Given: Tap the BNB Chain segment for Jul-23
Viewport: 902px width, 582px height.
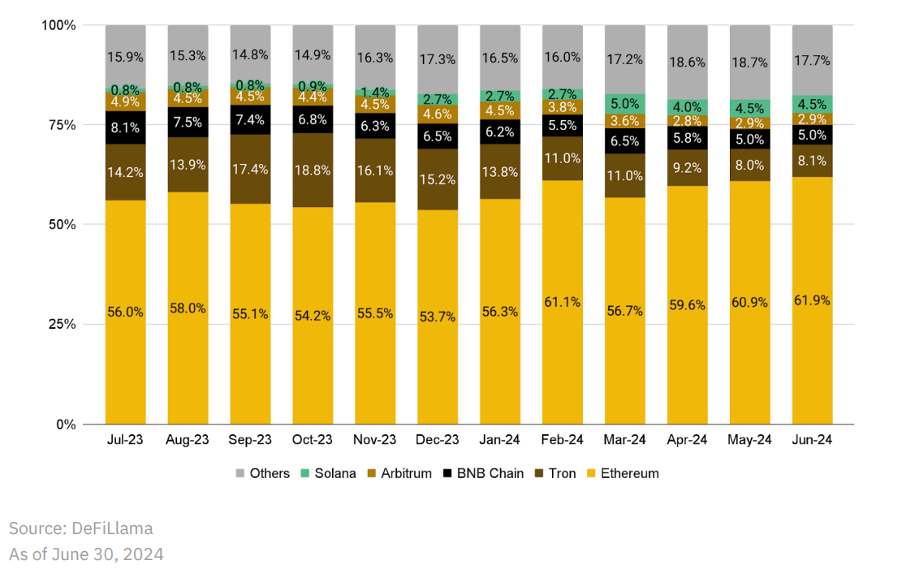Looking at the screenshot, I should click(x=125, y=127).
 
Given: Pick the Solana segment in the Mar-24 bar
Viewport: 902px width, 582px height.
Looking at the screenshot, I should click(x=625, y=103).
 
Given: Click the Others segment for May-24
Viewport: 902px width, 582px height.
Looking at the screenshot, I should click(x=750, y=62).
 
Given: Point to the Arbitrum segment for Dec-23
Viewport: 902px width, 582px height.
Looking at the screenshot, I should click(x=438, y=114).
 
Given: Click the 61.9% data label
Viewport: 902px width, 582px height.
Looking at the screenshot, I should click(x=813, y=300).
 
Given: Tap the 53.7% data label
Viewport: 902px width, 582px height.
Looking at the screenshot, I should click(x=438, y=316).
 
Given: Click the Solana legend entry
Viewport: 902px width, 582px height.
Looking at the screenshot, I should click(x=334, y=473).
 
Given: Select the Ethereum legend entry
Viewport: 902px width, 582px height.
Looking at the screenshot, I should click(x=629, y=473).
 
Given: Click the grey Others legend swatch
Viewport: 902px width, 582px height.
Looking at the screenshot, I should click(x=240, y=473).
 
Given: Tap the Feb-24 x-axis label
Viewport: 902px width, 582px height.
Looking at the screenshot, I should click(x=563, y=440).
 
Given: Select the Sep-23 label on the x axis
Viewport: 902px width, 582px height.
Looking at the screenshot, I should click(x=250, y=440).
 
